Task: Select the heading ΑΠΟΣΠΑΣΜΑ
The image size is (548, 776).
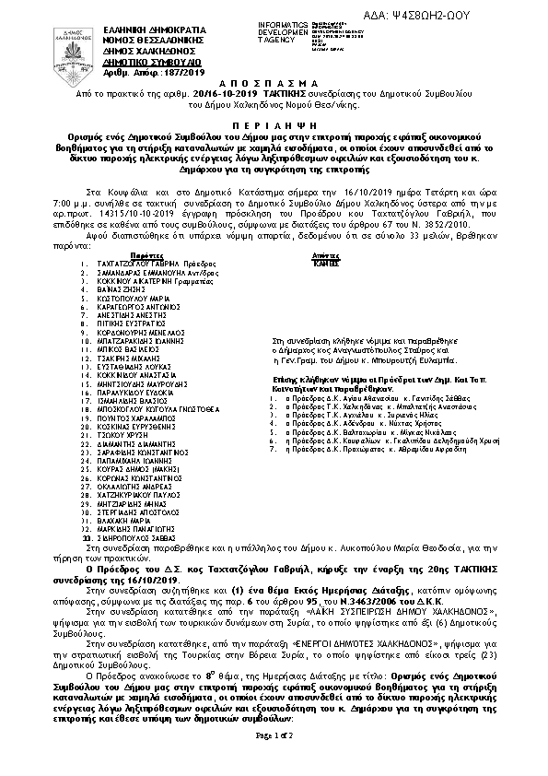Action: pos(273,82)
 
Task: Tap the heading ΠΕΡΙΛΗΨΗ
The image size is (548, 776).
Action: pos(273,121)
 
